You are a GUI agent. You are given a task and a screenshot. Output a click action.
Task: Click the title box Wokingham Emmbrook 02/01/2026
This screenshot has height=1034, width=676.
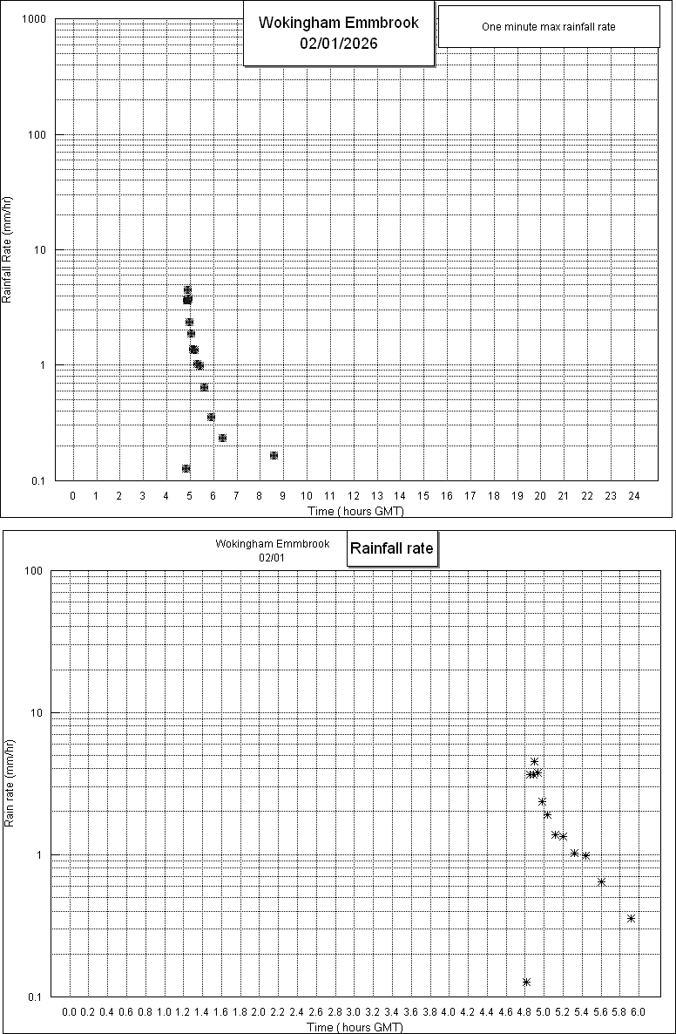[x=338, y=33]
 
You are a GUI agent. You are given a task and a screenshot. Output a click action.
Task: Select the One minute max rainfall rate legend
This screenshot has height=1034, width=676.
[x=548, y=27]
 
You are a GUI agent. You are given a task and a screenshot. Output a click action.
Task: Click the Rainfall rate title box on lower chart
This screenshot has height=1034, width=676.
[x=391, y=549]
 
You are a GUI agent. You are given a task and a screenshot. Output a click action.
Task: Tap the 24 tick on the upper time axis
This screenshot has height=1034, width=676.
[x=634, y=496]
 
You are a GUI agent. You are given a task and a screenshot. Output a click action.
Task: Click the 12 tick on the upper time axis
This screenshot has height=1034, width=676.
[x=354, y=496]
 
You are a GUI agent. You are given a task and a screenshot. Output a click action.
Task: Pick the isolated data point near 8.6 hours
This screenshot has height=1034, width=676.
[x=274, y=456]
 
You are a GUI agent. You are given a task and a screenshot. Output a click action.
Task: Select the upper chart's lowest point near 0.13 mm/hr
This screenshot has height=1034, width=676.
[x=186, y=469]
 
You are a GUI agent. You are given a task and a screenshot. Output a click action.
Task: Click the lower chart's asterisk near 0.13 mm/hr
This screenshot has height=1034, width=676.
[x=526, y=983]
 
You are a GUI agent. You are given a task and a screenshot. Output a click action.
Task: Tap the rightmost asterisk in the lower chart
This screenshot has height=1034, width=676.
[x=631, y=918]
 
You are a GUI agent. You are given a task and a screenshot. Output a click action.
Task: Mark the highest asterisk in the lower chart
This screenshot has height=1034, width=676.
[x=534, y=762]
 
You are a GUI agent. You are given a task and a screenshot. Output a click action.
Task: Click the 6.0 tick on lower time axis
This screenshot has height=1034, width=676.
[x=638, y=1013]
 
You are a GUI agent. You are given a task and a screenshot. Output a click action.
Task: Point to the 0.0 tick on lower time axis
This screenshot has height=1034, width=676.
[x=70, y=1013]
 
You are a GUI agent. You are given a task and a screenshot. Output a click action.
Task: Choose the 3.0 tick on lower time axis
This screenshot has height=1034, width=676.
[x=354, y=1013]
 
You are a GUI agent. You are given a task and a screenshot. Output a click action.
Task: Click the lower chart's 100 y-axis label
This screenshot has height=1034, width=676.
[x=34, y=571]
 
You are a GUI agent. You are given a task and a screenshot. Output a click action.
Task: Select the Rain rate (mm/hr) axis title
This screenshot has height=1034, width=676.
[x=9, y=783]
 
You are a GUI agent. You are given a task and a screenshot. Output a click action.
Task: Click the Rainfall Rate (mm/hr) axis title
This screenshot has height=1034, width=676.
[x=7, y=250]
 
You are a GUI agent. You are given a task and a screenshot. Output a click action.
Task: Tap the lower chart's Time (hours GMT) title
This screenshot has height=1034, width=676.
[x=354, y=1027]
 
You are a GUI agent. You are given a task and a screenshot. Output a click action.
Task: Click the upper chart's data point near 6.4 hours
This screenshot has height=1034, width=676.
[x=222, y=439]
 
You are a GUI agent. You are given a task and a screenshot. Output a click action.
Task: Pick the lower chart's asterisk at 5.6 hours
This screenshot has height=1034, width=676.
[x=601, y=882]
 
